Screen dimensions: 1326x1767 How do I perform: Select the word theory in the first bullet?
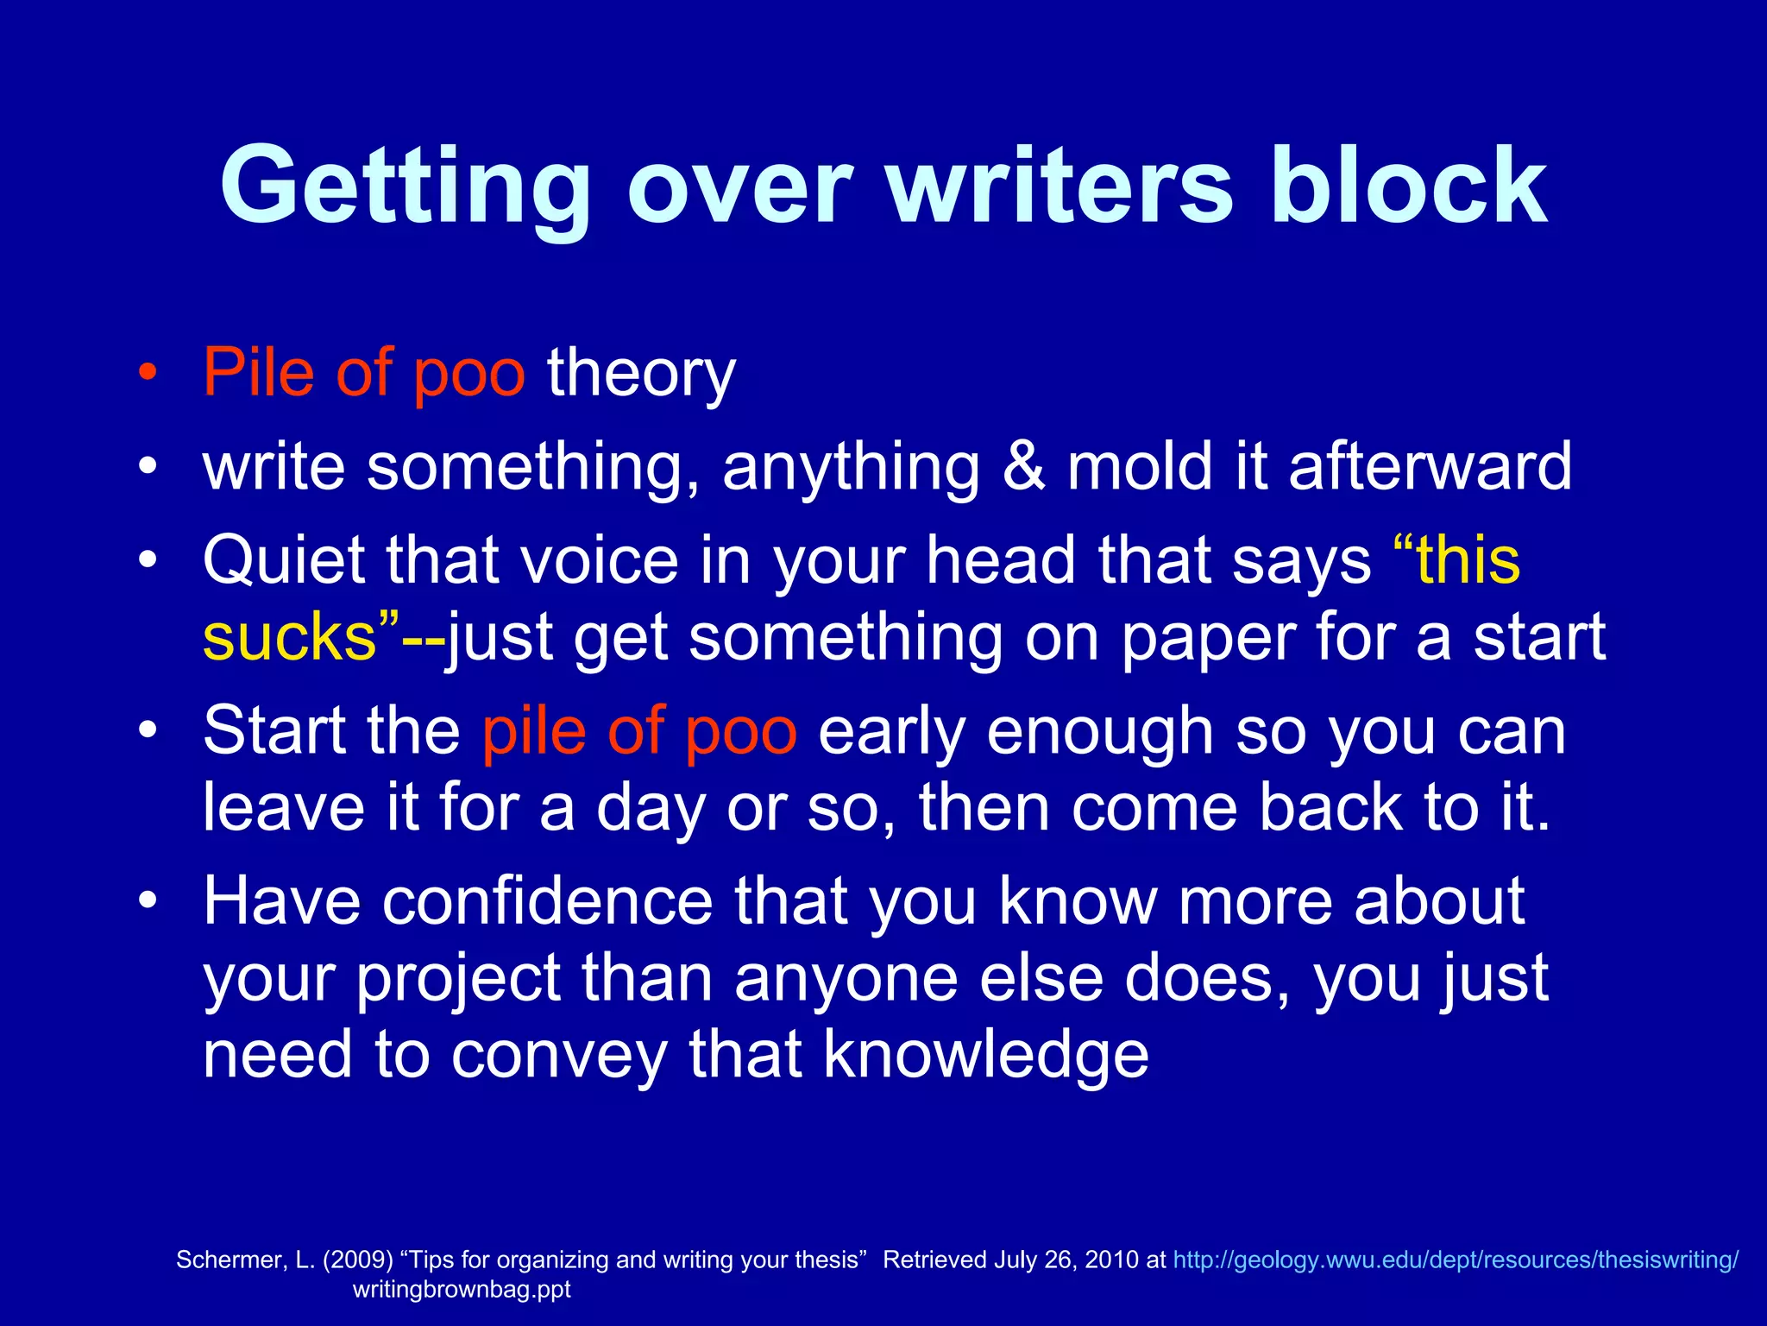(641, 373)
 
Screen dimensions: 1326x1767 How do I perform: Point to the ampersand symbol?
(1023, 466)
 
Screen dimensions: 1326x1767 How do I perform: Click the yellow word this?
(1466, 560)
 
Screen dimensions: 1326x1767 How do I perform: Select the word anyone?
(846, 978)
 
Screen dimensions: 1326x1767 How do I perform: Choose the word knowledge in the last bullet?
(985, 1054)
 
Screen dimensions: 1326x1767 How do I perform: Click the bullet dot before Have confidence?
(148, 901)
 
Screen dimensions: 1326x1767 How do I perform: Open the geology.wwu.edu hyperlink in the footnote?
(1455, 1260)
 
